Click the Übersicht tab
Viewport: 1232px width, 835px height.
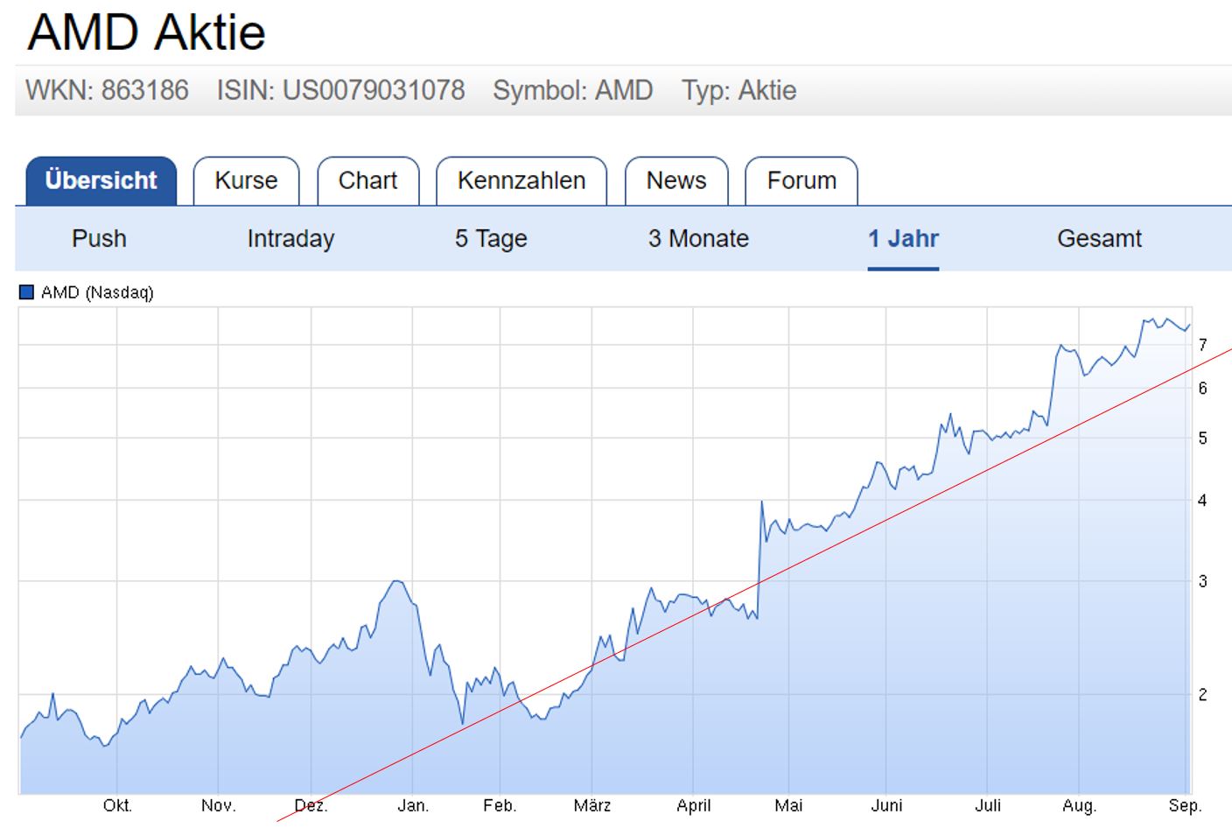pyautogui.click(x=101, y=181)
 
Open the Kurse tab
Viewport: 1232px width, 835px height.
pyautogui.click(x=246, y=181)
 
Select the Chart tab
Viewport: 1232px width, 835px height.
pyautogui.click(x=367, y=181)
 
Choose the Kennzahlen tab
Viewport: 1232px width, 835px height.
pyautogui.click(x=521, y=181)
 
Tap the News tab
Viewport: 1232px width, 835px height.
pyautogui.click(x=675, y=181)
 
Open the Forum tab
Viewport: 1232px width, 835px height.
pyautogui.click(x=801, y=181)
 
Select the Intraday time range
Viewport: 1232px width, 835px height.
pyautogui.click(x=290, y=239)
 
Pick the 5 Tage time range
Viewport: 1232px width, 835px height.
pyautogui.click(x=491, y=239)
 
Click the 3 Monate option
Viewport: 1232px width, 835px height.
pyautogui.click(x=698, y=239)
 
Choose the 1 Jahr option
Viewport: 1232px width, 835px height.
pyautogui.click(x=903, y=239)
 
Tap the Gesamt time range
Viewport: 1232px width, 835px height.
pyautogui.click(x=1099, y=239)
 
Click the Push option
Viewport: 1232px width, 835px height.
pyautogui.click(x=99, y=239)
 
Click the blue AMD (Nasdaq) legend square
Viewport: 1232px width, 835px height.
pyautogui.click(x=26, y=292)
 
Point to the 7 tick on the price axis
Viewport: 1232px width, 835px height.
pyautogui.click(x=1203, y=345)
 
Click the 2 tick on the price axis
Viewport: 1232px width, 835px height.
pyautogui.click(x=1203, y=694)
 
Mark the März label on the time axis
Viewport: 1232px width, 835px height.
pyautogui.click(x=591, y=805)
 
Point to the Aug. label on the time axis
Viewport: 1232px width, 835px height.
pyautogui.click(x=1079, y=805)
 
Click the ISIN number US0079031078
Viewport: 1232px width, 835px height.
pyautogui.click(x=373, y=90)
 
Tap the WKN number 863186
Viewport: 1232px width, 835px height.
pyautogui.click(x=144, y=90)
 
